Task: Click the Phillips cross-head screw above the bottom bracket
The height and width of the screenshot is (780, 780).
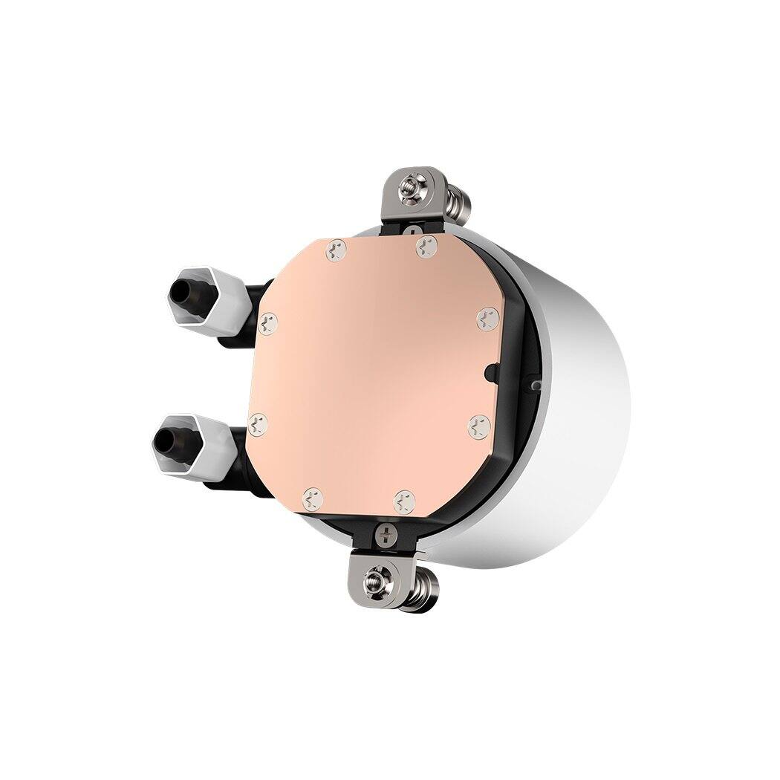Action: coord(386,532)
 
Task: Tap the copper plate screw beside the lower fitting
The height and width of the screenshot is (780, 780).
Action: coord(258,424)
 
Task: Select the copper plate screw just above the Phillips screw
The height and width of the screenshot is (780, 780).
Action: coord(403,498)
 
